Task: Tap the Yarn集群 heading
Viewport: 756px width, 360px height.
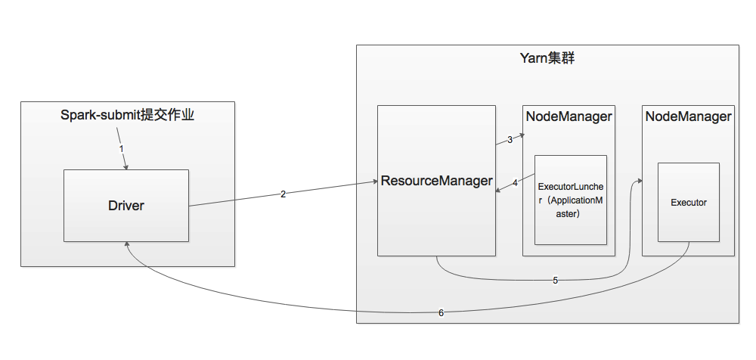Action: click(547, 57)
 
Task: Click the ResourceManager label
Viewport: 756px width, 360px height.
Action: click(437, 181)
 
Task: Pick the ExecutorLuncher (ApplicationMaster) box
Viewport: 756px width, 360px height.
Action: click(571, 200)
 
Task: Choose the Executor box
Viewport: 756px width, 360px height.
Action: click(688, 202)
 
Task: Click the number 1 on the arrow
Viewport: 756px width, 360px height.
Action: click(122, 148)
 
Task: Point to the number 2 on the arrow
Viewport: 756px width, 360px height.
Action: click(283, 194)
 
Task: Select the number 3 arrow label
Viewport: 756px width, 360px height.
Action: click(510, 139)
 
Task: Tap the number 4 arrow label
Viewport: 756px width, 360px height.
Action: click(515, 182)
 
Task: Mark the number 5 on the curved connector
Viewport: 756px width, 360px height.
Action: click(555, 280)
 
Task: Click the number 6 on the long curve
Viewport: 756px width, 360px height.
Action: click(442, 312)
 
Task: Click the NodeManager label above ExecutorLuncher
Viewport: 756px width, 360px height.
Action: click(569, 116)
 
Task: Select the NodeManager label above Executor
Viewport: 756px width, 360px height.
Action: click(688, 116)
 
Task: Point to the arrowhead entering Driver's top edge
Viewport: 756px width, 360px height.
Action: click(126, 167)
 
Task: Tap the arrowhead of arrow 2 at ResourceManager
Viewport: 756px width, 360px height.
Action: click(374, 182)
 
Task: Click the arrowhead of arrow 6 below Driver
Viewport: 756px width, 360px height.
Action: click(127, 246)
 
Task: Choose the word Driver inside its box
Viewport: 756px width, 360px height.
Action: click(125, 205)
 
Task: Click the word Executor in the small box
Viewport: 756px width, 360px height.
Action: click(688, 203)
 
